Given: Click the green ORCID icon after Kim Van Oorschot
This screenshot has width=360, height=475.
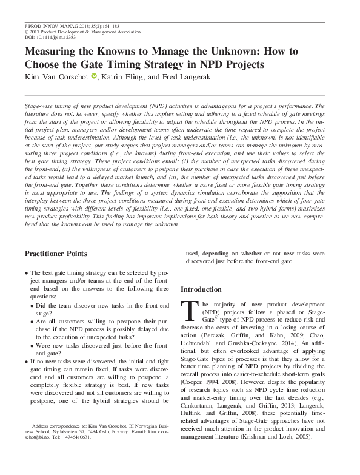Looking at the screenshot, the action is point(94,76).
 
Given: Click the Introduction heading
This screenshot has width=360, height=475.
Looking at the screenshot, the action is point(205,289).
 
